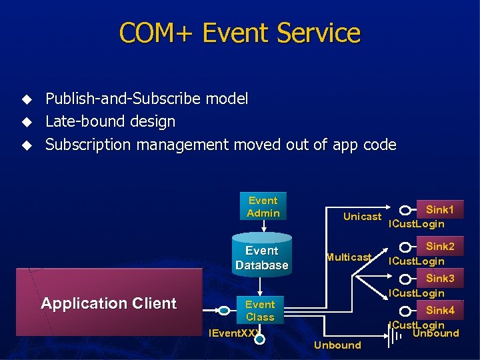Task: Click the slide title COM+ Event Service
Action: (240, 33)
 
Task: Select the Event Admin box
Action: (263, 207)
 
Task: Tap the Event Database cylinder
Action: (262, 257)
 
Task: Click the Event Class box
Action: (260, 311)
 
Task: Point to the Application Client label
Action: (109, 303)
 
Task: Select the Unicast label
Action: (362, 216)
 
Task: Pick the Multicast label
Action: (349, 257)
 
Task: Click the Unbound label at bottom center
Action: (337, 345)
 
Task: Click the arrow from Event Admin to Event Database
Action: (263, 225)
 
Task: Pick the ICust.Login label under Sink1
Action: (417, 224)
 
